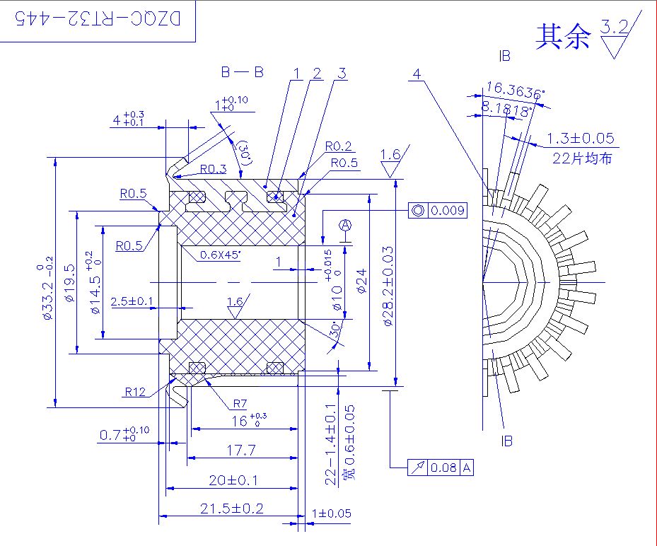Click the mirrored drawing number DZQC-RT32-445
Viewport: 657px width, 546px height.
[x=98, y=18]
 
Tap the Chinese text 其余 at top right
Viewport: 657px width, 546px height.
[x=563, y=37]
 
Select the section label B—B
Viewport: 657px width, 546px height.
[x=242, y=72]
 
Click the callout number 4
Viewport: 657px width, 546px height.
[x=417, y=74]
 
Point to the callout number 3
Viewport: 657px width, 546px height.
[x=342, y=74]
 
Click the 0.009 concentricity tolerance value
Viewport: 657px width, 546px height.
[x=448, y=210]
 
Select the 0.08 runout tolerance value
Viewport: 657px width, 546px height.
[x=443, y=467]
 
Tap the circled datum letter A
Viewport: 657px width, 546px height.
[x=345, y=226]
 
